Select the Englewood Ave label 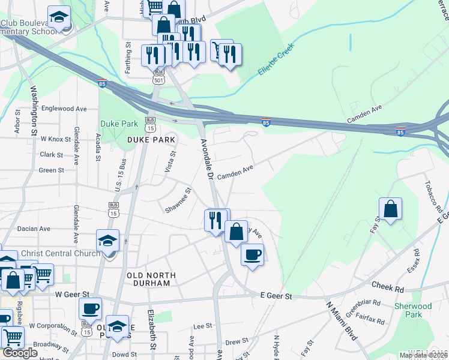pyautogui.click(x=64, y=109)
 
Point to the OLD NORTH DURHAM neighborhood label pyautogui.click(x=151, y=280)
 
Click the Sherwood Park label pyautogui.click(x=413, y=310)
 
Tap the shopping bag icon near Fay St pyautogui.click(x=390, y=209)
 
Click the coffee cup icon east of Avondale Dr pyautogui.click(x=252, y=254)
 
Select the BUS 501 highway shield pyautogui.click(x=158, y=78)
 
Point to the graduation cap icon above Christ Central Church pyautogui.click(x=107, y=241)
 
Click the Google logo pyautogui.click(x=20, y=353)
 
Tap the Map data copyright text pyautogui.click(x=423, y=355)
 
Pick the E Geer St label pyautogui.click(x=276, y=296)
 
